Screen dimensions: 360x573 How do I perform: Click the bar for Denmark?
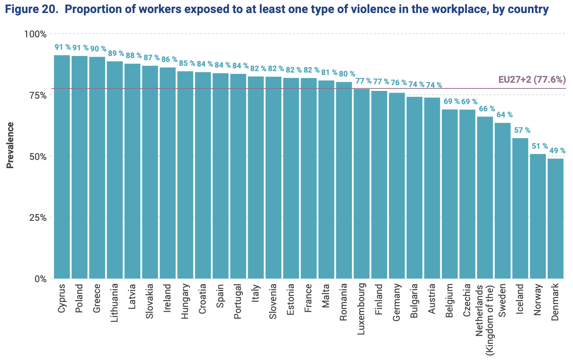click(x=555, y=218)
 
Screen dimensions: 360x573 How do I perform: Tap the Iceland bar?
click(x=520, y=208)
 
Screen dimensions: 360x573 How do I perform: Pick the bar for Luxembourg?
click(x=362, y=184)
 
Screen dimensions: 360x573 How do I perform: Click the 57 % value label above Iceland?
click(x=522, y=130)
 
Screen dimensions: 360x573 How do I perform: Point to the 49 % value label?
click(x=557, y=151)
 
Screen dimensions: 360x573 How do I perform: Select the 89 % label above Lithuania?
click(x=116, y=54)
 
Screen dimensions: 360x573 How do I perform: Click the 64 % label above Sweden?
click(x=505, y=115)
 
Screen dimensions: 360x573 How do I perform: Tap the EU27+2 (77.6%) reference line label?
click(x=532, y=80)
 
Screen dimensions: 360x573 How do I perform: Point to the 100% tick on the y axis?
click(x=35, y=34)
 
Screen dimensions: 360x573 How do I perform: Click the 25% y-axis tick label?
click(x=37, y=217)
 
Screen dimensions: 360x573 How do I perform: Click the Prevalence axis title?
click(x=11, y=145)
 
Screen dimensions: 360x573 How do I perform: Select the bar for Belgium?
click(x=450, y=194)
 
